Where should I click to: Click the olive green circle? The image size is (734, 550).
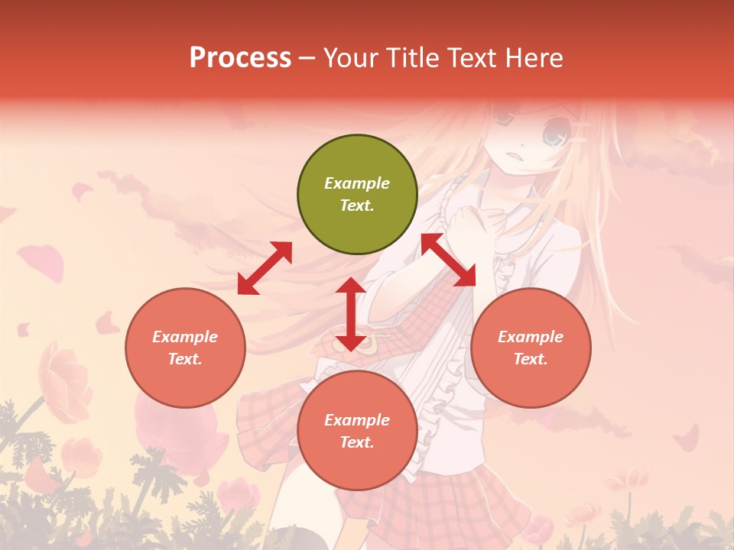(x=357, y=195)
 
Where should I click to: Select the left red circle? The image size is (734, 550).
(x=185, y=348)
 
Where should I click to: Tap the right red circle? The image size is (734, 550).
(x=531, y=348)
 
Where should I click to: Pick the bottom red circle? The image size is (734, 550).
(x=357, y=431)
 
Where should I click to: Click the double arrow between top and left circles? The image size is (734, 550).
(x=265, y=268)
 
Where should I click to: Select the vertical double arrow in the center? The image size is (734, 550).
(x=350, y=314)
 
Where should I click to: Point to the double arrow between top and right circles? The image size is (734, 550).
(x=448, y=260)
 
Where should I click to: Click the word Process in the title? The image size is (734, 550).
(x=240, y=57)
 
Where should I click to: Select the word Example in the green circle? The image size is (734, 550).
(x=357, y=183)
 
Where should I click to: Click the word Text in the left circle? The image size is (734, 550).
(x=185, y=359)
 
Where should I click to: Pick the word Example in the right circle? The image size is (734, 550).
(x=531, y=337)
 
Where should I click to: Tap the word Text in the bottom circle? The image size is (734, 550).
(x=357, y=442)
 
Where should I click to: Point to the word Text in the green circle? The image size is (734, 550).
(x=357, y=205)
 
